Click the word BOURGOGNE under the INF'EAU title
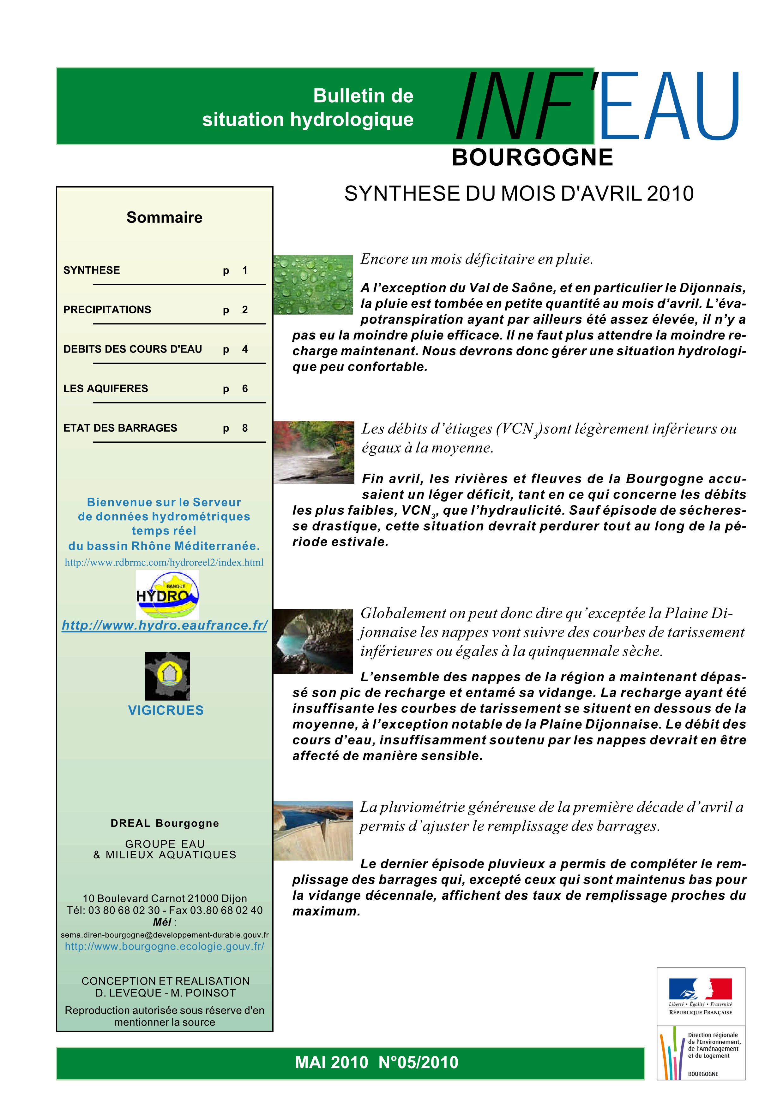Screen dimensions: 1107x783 [532, 158]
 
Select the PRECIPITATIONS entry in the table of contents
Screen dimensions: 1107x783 [107, 310]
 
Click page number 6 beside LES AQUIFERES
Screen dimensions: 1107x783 [245, 388]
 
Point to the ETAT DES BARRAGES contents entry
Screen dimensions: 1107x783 [120, 428]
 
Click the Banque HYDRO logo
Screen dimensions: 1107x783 [167, 595]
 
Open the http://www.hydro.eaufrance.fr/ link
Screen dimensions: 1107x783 [165, 625]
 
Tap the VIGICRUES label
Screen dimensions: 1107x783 [166, 710]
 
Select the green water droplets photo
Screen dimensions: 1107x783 [313, 285]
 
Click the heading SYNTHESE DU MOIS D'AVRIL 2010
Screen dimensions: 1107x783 [519, 194]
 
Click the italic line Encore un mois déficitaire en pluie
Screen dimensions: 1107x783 [477, 259]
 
